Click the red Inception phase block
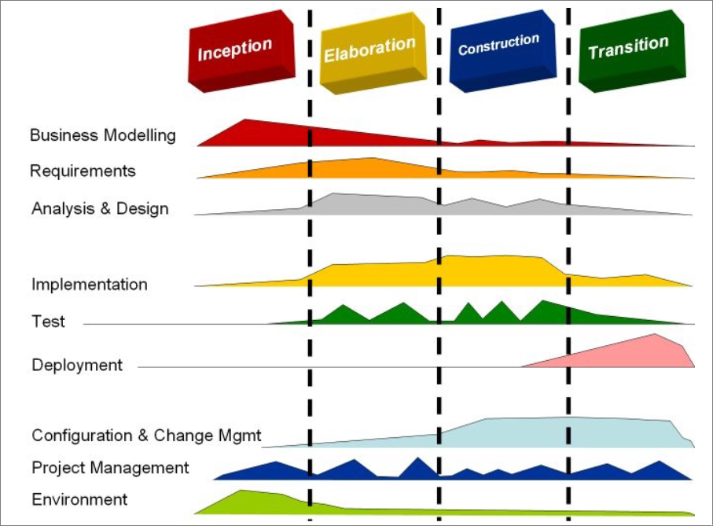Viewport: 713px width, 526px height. click(x=241, y=51)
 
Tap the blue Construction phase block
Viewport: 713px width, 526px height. click(x=502, y=50)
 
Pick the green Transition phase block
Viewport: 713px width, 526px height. click(x=632, y=50)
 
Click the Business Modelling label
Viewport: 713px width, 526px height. click(x=103, y=135)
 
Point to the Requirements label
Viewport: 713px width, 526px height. click(x=83, y=171)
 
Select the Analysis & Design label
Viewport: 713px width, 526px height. click(x=100, y=208)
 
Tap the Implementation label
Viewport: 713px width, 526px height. click(x=90, y=285)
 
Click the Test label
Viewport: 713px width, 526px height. click(x=48, y=322)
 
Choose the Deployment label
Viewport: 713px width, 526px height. click(x=77, y=365)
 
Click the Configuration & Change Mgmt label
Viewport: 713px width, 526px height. click(x=146, y=436)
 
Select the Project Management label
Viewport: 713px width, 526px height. click(x=110, y=468)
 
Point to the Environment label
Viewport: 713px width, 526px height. click(x=79, y=499)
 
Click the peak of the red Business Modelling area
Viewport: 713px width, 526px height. click(x=244, y=120)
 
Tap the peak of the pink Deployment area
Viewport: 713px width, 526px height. click(x=655, y=334)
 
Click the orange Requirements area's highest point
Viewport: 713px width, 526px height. click(x=373, y=158)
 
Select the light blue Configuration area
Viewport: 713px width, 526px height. click(x=546, y=432)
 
